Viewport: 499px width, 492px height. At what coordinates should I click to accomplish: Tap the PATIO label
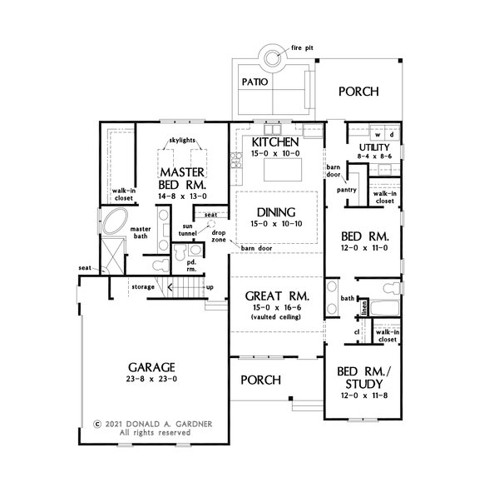(x=254, y=82)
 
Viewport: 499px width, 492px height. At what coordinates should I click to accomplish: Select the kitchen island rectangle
(x=283, y=170)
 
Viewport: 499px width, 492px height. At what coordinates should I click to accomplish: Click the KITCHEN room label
(x=275, y=142)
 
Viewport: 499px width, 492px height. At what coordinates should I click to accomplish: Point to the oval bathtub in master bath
(x=115, y=221)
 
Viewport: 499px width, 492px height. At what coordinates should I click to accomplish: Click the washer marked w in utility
(x=378, y=135)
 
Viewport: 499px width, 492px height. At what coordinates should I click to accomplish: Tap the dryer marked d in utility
(x=392, y=135)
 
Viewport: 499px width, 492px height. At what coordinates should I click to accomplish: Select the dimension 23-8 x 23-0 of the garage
(x=151, y=379)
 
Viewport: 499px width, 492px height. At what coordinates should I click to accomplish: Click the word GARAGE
(x=151, y=367)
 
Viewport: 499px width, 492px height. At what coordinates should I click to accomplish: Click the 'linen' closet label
(x=364, y=307)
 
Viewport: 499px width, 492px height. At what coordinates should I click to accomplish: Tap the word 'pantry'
(x=347, y=190)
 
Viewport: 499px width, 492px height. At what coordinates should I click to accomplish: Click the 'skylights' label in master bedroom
(x=182, y=140)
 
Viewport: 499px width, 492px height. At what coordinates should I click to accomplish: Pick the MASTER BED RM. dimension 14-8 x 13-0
(x=182, y=196)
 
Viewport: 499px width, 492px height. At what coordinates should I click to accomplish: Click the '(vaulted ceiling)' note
(x=276, y=317)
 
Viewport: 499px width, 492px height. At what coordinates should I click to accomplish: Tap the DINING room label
(x=276, y=212)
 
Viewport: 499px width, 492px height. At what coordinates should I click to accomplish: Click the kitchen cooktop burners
(x=236, y=160)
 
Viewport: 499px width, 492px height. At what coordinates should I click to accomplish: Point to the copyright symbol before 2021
(x=97, y=424)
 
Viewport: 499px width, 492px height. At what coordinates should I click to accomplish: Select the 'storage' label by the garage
(x=143, y=287)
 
